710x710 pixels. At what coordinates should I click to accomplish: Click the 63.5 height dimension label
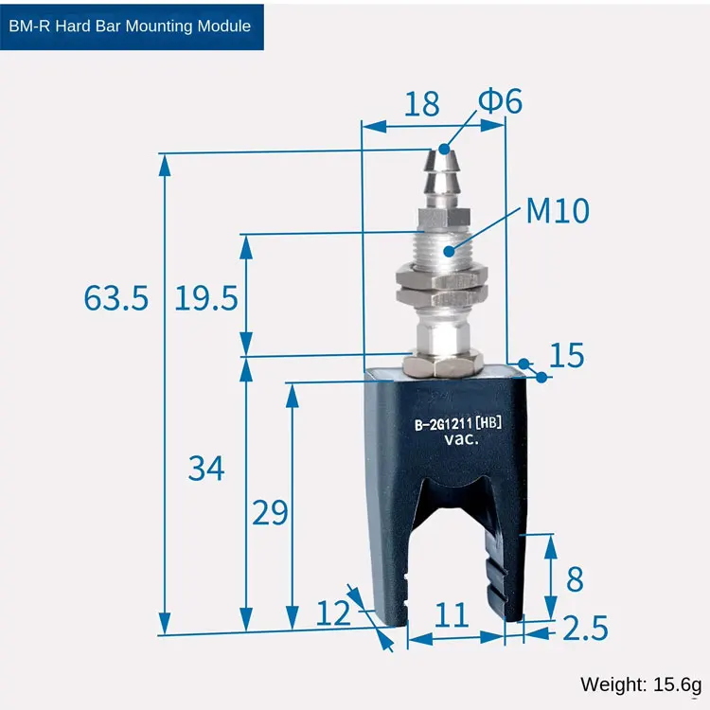116,298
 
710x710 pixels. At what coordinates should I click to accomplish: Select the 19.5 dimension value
206,298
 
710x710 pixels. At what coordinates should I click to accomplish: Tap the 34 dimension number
206,469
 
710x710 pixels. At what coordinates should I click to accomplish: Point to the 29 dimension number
270,512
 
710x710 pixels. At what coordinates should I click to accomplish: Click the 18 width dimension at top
422,104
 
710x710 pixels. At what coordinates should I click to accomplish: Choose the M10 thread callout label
558,210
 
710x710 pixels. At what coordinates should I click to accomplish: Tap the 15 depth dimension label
567,355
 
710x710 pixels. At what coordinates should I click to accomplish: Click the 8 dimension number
575,578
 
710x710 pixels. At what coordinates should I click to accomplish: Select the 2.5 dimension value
585,628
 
